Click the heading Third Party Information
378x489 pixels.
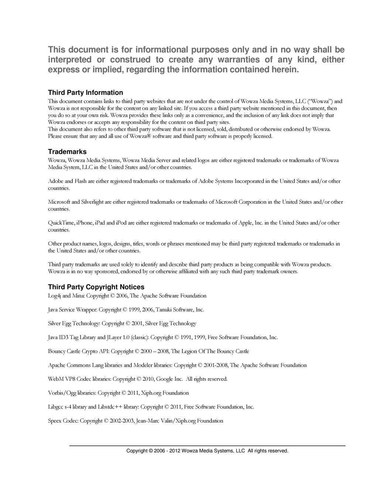tap(85, 93)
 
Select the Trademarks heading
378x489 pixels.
tap(67, 152)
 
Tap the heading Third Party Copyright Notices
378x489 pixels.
tap(96, 287)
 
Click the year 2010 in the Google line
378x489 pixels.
tap(148, 379)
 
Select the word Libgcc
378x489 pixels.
tap(56, 407)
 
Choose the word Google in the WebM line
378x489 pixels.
tap(165, 379)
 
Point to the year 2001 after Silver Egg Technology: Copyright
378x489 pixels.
tap(137, 324)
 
